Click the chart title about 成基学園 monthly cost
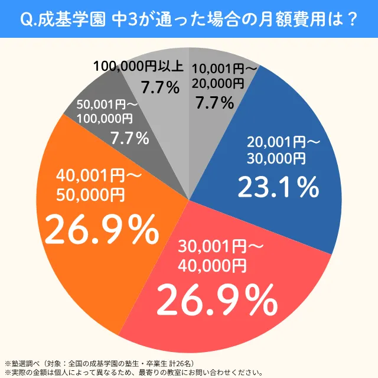[189, 19]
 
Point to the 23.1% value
[278, 187]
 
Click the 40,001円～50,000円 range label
[99, 184]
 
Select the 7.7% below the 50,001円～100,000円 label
[129, 139]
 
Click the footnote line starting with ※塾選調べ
[104, 362]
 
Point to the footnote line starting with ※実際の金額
[133, 372]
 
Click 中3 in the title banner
[125, 19]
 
